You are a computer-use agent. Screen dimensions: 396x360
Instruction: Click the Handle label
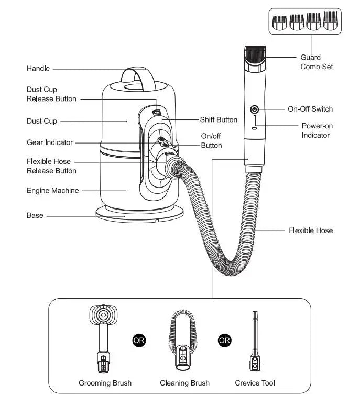(x=38, y=69)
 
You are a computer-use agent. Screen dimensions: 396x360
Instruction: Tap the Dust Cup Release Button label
(x=51, y=94)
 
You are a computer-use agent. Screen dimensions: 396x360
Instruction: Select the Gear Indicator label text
(x=50, y=142)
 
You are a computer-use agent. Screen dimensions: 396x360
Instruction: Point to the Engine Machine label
(x=52, y=191)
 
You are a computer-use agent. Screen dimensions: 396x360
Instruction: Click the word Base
(x=35, y=215)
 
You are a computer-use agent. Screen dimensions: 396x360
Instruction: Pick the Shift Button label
(x=219, y=120)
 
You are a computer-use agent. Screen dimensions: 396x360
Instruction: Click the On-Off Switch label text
(x=310, y=109)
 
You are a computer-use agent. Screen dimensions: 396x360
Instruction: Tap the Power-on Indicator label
(x=317, y=130)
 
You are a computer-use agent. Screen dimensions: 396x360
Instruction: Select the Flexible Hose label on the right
(x=310, y=230)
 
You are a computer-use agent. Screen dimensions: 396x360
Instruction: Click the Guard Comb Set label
(x=316, y=62)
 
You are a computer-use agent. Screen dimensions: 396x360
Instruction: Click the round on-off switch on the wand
(x=255, y=109)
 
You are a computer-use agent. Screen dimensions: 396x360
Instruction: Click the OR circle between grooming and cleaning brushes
(x=139, y=340)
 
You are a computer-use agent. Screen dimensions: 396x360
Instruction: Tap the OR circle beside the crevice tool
(x=224, y=340)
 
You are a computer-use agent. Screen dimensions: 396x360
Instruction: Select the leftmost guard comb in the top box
(x=279, y=22)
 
